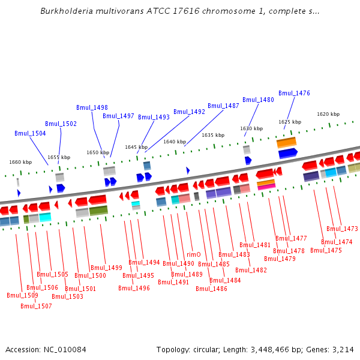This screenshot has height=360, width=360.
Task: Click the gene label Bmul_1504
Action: pyautogui.click(x=30, y=133)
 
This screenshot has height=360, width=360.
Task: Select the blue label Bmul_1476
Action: pyautogui.click(x=294, y=93)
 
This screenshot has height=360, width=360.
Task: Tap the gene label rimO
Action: pyautogui.click(x=193, y=254)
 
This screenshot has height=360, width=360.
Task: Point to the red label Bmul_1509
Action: pyautogui.click(x=22, y=295)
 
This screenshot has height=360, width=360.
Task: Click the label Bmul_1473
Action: pyautogui.click(x=342, y=229)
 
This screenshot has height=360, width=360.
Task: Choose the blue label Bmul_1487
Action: pyautogui.click(x=223, y=106)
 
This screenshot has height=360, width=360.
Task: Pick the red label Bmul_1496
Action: pyautogui.click(x=134, y=288)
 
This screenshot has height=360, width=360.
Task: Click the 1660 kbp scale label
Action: pyautogui.click(x=20, y=162)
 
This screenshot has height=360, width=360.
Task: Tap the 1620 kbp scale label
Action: pyautogui.click(x=328, y=114)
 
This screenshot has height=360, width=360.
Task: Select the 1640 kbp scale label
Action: pyautogui.click(x=175, y=142)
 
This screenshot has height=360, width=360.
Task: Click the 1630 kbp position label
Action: pyautogui.click(x=251, y=128)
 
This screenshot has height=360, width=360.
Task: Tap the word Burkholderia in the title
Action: pyautogui.click(x=67, y=11)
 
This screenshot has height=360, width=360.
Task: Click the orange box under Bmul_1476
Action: pyautogui.click(x=286, y=143)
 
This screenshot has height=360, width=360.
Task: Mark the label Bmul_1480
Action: pyautogui.click(x=258, y=100)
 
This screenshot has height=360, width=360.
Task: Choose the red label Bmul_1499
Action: pyautogui.click(x=106, y=268)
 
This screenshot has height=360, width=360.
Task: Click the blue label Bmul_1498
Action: pyautogui.click(x=92, y=107)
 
